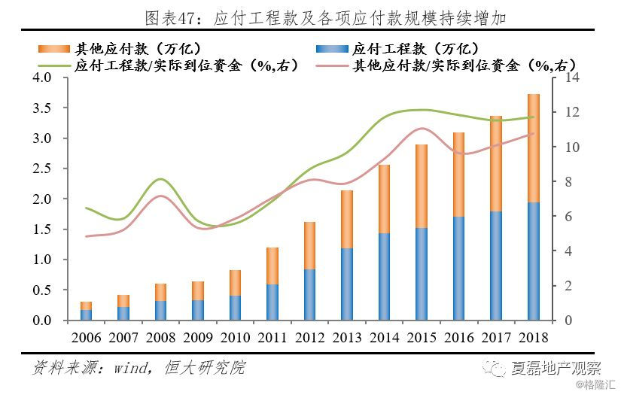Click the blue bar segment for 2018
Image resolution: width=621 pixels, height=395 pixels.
[x=533, y=261]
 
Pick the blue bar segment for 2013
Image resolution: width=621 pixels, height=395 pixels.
[x=346, y=284]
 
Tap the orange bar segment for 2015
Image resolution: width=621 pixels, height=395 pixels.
[x=421, y=186]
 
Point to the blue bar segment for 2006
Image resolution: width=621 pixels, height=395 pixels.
[x=86, y=314]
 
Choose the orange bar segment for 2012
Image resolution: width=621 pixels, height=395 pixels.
[x=309, y=245]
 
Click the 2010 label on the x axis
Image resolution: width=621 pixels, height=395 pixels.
[x=235, y=337]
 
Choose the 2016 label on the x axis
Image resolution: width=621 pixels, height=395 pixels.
[x=458, y=337]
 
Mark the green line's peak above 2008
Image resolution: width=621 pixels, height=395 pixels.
[x=160, y=179]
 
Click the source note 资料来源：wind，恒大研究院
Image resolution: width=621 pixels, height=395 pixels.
[x=139, y=369]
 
